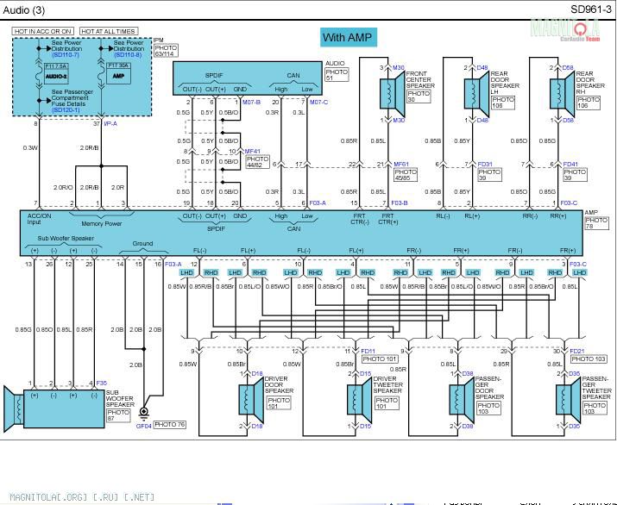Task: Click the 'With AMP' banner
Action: click(346, 37)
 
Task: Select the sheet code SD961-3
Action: click(590, 9)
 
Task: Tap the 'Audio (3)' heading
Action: click(25, 10)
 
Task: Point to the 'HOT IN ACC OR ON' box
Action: click(43, 31)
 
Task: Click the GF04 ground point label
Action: click(143, 426)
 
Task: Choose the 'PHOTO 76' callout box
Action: click(170, 425)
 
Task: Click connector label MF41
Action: click(252, 151)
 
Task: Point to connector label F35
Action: click(102, 383)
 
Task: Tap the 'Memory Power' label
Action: click(101, 224)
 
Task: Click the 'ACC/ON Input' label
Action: click(40, 220)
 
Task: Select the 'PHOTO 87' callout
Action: click(117, 415)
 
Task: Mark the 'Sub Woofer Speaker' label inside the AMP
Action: click(60, 239)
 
